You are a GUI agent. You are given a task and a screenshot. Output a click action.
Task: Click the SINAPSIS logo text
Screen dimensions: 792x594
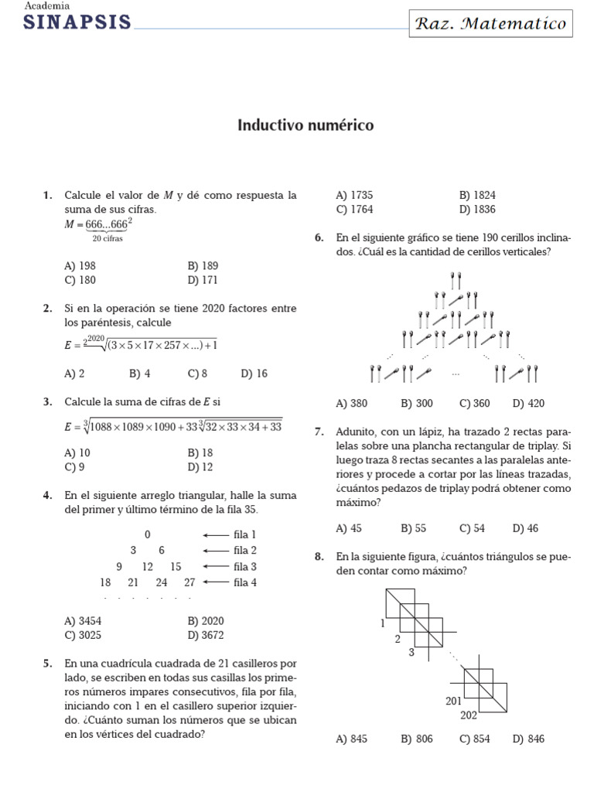pos(77,22)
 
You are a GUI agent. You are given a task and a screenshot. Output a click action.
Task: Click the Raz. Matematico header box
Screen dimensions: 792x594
pos(491,23)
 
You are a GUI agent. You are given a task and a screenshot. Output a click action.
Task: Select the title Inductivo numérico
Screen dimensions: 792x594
pos(305,125)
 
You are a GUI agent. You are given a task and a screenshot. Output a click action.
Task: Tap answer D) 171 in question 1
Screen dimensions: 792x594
pos(202,280)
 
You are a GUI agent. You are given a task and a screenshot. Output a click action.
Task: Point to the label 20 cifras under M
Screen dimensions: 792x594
pos(108,238)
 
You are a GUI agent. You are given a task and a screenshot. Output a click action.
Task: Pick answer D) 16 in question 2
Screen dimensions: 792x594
pos(254,374)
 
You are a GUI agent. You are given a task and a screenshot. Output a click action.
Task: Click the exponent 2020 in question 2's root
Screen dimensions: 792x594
pos(95,339)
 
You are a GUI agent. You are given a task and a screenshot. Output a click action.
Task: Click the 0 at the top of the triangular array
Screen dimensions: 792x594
pos(147,534)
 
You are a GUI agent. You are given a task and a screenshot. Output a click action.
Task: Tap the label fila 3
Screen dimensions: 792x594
pos(244,567)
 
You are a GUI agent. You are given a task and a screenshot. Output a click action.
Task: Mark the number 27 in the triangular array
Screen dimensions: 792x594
pos(189,582)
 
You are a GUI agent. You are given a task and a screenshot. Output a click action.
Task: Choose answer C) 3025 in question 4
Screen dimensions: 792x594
pos(84,635)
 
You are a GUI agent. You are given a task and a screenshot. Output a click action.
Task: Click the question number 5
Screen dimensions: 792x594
pos(48,664)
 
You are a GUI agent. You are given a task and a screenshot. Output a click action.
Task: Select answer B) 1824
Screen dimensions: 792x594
pos(477,196)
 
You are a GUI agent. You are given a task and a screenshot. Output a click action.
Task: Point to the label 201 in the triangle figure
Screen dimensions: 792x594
pos(453,701)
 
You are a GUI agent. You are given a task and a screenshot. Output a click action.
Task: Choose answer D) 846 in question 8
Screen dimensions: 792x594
pos(528,739)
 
